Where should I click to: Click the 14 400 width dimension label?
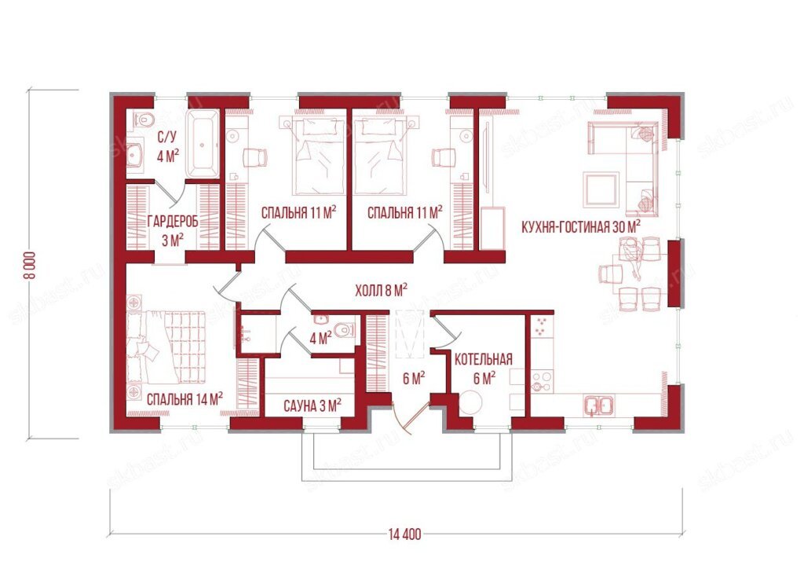click(404, 534)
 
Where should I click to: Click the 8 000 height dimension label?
click(31, 264)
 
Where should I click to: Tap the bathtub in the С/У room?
click(203, 142)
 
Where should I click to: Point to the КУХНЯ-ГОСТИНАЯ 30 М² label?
click(581, 226)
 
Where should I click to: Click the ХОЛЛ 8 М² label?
click(382, 291)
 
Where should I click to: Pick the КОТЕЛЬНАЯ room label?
click(484, 359)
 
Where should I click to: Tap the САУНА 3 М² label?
click(312, 406)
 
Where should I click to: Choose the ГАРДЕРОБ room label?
click(173, 221)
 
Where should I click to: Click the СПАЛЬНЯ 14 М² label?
click(185, 398)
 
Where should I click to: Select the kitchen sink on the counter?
click(599, 406)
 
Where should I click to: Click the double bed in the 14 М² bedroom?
click(166, 347)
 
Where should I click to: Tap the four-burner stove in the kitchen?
click(541, 381)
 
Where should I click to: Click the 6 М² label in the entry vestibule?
click(414, 379)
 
